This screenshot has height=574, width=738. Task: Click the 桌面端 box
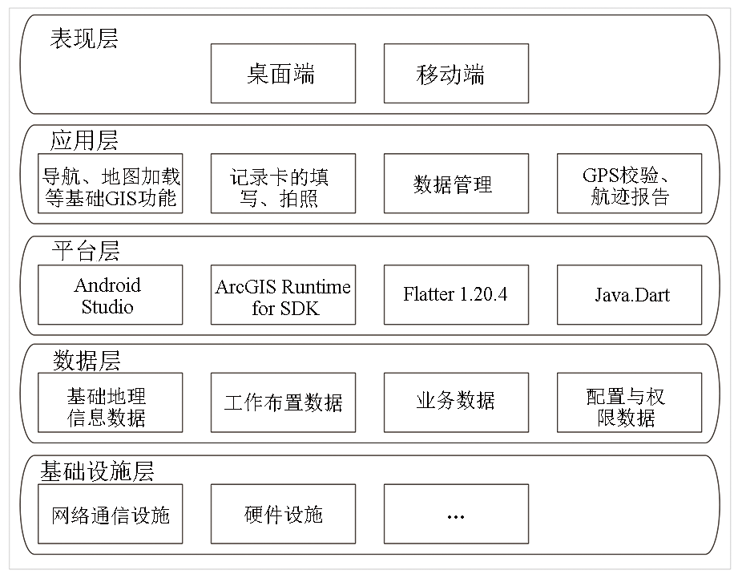[283, 74]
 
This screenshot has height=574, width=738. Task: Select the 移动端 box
[456, 74]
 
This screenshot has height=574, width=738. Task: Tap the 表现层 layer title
[84, 38]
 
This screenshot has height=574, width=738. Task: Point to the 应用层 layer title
[84, 140]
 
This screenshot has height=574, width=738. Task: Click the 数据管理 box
[456, 183]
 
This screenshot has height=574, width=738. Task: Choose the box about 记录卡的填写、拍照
[283, 183]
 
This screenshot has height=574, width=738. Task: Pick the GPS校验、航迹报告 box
[629, 183]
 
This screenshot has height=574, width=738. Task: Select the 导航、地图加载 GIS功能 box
[110, 183]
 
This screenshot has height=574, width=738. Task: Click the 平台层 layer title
[85, 251]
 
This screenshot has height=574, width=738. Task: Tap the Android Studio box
[110, 295]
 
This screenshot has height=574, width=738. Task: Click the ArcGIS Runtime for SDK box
[283, 295]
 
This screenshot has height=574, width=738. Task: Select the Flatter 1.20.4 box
[456, 295]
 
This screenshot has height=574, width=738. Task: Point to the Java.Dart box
[629, 295]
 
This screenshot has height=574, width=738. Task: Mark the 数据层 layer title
[86, 362]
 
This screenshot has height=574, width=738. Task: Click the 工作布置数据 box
[283, 402]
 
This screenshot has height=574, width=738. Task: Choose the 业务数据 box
[456, 402]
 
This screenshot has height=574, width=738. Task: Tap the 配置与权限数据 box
[629, 402]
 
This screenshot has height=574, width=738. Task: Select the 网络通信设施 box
[110, 514]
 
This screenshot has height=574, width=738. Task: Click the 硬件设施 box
[283, 514]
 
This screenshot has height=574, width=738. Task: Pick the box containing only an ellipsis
[456, 514]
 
